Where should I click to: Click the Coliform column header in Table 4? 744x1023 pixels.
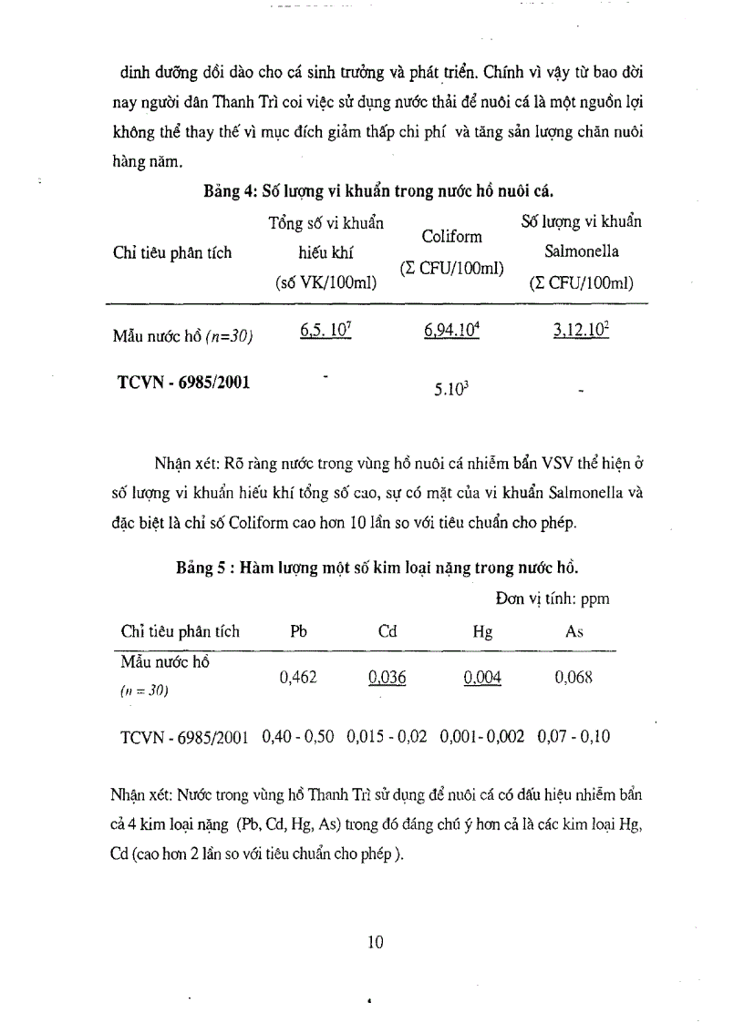tap(451, 237)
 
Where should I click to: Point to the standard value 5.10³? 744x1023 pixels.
tap(450, 390)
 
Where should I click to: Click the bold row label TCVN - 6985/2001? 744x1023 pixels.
tap(184, 382)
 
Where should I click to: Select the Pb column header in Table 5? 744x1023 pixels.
tap(298, 631)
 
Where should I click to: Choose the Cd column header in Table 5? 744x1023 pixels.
tap(387, 631)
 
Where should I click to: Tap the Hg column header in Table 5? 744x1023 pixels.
tap(482, 632)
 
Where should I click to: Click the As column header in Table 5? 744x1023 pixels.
tap(574, 631)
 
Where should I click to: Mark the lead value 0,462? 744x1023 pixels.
tap(298, 676)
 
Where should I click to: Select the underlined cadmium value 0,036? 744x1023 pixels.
tap(387, 677)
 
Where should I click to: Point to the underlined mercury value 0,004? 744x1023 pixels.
tap(482, 677)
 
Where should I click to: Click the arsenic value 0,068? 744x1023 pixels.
tap(573, 676)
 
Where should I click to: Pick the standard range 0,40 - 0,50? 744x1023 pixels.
tap(298, 736)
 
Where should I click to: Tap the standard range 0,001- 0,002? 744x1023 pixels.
tap(481, 736)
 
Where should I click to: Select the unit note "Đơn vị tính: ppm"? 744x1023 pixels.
tap(553, 598)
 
